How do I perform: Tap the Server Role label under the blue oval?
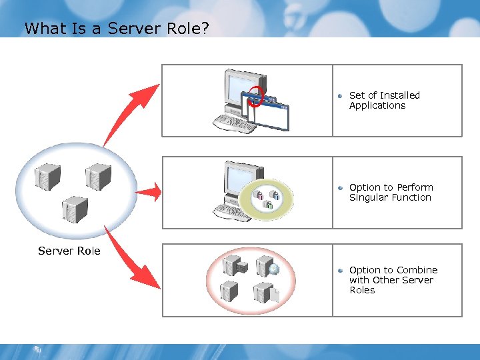69,251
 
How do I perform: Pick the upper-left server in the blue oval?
48,177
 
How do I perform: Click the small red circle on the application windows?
256,97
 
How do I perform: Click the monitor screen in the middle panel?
236,181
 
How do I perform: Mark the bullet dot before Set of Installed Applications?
340,96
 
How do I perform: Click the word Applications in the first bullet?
377,105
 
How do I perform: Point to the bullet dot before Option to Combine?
340,271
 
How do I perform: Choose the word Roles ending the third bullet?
362,290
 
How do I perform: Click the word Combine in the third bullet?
417,270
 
